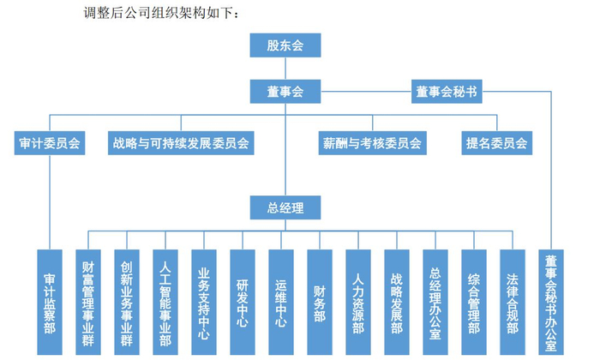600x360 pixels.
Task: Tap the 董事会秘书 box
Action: [x=446, y=90]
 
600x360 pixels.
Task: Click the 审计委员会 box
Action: [x=51, y=142]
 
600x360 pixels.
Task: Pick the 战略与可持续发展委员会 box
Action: [x=180, y=142]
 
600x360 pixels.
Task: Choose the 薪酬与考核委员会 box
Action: [x=371, y=142]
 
